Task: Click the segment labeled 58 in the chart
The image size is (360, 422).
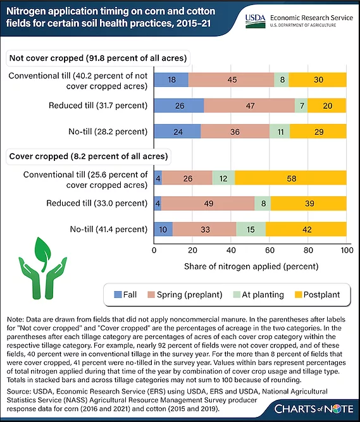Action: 290,178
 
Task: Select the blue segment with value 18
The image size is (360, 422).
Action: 171,80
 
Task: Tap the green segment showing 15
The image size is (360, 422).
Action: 251,229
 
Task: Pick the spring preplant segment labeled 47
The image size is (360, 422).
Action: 249,106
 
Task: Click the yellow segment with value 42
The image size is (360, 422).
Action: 306,229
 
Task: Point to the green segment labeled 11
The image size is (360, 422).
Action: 280,132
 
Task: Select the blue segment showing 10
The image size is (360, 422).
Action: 163,229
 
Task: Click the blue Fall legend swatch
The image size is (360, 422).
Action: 118,295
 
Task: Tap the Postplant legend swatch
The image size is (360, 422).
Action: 299,295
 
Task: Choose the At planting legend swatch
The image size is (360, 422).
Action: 237,295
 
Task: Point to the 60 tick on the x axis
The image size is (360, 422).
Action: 270,251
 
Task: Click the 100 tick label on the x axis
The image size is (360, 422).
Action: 347,251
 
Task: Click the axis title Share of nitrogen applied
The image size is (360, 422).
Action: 251,266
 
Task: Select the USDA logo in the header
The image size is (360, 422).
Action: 256,22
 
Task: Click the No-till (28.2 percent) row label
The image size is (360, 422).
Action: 108,132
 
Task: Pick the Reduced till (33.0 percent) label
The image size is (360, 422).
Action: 97,203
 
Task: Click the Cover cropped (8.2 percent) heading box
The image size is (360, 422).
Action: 89,156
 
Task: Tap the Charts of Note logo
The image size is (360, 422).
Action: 314,409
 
